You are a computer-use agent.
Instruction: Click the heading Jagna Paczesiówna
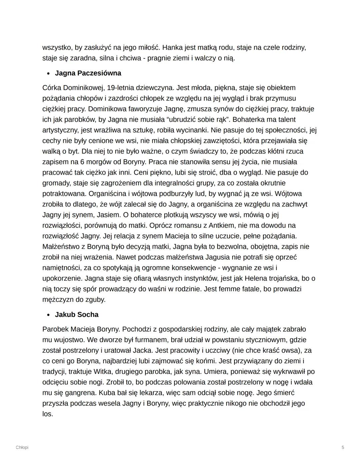point(88,73)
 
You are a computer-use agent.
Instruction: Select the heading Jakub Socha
point(77,315)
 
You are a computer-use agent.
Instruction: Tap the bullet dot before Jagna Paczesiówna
point(48,73)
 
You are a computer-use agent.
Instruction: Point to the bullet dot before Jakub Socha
point(48,315)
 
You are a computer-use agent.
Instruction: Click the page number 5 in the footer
point(343,447)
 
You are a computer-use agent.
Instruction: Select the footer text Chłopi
point(22,447)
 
